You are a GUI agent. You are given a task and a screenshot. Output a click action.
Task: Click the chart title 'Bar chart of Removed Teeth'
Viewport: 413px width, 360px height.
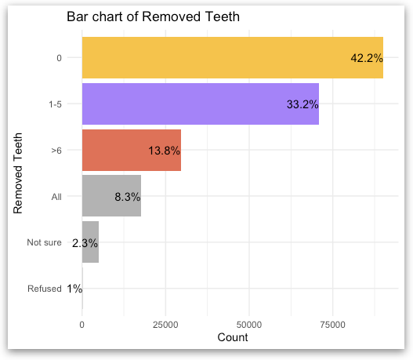(153, 16)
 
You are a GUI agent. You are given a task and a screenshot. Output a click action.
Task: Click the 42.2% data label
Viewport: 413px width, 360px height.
(366, 58)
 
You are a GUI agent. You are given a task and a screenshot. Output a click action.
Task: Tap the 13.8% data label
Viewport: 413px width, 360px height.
(164, 151)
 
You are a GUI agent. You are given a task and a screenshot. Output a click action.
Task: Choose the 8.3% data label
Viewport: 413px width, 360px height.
(127, 197)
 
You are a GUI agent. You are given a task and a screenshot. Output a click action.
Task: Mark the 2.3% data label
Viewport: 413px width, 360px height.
(85, 243)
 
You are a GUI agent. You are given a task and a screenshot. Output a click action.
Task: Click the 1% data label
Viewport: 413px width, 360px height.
(74, 289)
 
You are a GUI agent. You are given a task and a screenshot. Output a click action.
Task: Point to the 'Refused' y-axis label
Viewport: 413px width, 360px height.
(44, 289)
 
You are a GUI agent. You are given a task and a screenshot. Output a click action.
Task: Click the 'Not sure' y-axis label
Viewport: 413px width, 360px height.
(44, 242)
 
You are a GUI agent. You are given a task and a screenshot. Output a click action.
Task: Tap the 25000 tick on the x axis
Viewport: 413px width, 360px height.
(165, 323)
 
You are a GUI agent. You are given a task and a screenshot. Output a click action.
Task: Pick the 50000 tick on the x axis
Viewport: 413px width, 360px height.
(248, 323)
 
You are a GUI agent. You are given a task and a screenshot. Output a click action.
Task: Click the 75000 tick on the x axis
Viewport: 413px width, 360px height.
(332, 323)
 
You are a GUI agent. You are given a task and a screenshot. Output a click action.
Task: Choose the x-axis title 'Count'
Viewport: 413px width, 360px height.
(232, 338)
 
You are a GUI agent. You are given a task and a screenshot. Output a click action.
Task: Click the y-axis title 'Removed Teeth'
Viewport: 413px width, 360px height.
(19, 173)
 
